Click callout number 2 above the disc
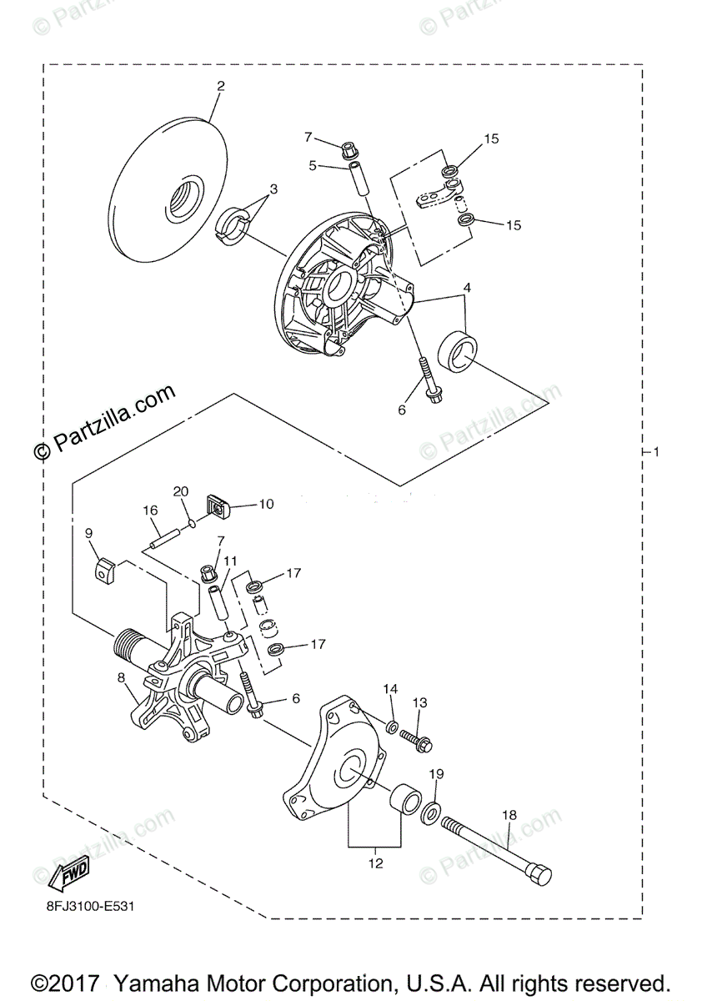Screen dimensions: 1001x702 tap(221, 86)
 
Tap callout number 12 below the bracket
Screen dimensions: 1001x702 tap(375, 863)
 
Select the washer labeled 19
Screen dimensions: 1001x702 tap(432, 812)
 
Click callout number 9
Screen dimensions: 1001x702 tap(88, 532)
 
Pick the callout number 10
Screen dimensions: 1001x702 tap(265, 504)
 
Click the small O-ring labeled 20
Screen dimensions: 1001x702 tap(193, 523)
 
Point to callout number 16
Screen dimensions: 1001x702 tap(150, 511)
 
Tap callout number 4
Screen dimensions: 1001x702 tap(468, 288)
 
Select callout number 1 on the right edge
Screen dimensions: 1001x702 tap(657, 452)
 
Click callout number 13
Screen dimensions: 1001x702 tap(419, 703)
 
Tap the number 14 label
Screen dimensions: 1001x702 tap(391, 689)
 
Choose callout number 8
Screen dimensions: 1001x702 tap(123, 679)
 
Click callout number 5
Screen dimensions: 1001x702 tap(313, 165)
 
